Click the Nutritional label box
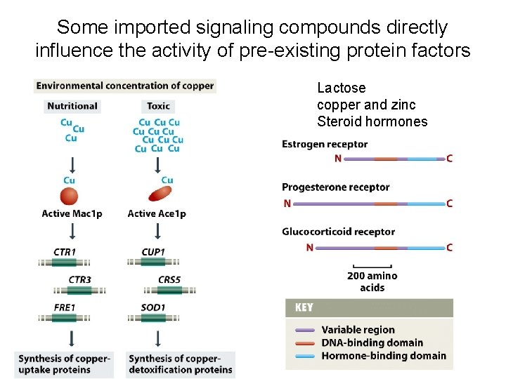(72, 106)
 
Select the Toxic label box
(158, 106)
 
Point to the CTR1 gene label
(65, 251)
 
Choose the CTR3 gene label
(80, 279)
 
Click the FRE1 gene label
(65, 307)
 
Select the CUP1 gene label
(153, 251)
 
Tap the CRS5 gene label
(169, 279)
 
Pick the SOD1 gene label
(153, 307)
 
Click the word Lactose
(342, 88)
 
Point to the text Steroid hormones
(372, 122)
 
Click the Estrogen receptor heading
(325, 145)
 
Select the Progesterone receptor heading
(335, 187)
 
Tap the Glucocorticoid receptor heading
(338, 232)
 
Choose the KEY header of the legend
(304, 307)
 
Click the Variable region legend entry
(358, 330)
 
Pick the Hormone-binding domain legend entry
(383, 356)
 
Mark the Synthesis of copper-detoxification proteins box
(181, 364)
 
